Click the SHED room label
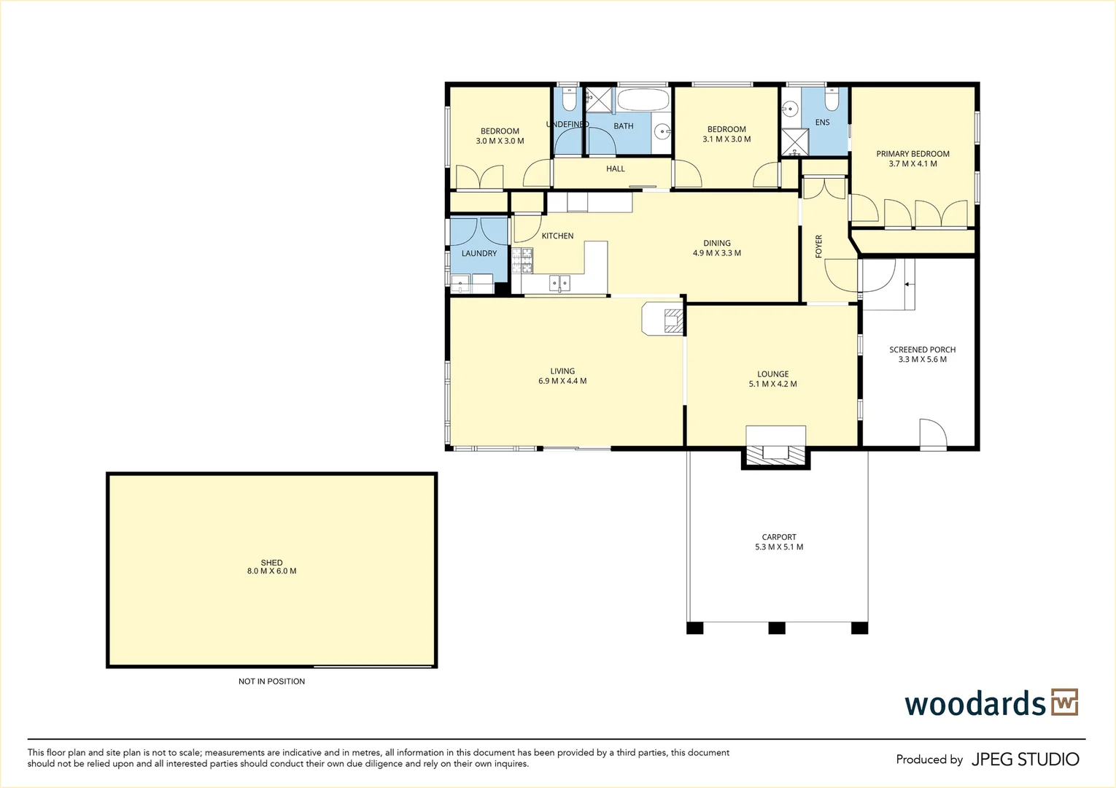pos(271,563)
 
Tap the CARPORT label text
pos(779,537)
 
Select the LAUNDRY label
pos(479,253)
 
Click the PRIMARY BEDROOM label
pos(912,154)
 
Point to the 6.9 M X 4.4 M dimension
pos(562,381)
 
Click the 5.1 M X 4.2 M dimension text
pos(772,384)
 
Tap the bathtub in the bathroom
pos(643,100)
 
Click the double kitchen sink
pos(559,283)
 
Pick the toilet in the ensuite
pos(832,98)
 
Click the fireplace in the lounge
pos(775,452)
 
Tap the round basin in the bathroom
pos(662,132)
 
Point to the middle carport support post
pos(777,627)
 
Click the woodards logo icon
pos(1064,703)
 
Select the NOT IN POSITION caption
pos(271,681)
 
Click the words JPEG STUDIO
pos(1025,760)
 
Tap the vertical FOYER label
pos(818,246)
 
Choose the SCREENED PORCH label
pos(922,349)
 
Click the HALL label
pos(616,169)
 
